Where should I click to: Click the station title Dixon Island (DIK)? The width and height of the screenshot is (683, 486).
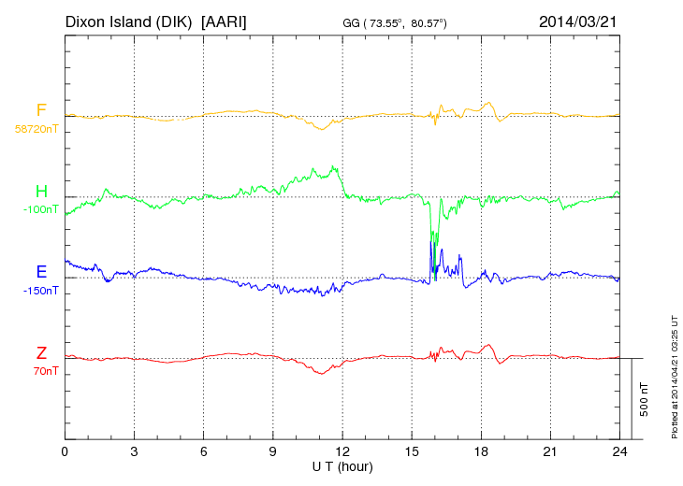point(128,21)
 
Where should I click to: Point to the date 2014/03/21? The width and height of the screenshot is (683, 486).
point(579,21)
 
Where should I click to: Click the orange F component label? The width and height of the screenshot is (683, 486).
point(41,110)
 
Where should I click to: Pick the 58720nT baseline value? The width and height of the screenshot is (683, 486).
point(36,129)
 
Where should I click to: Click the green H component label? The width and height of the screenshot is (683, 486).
point(41,192)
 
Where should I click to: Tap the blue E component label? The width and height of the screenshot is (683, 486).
point(41,272)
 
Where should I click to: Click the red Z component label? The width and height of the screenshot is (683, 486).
point(41,353)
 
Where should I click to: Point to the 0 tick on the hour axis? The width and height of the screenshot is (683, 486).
point(65,451)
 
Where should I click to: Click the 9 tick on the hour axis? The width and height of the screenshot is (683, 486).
point(273,451)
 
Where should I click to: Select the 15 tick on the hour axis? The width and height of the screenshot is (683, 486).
point(412,451)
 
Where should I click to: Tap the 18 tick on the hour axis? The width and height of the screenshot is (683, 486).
point(481,451)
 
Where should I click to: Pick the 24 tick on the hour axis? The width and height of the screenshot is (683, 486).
point(619,451)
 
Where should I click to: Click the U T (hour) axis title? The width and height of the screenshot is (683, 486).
point(342,465)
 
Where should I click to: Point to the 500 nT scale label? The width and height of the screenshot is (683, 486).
point(645,398)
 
